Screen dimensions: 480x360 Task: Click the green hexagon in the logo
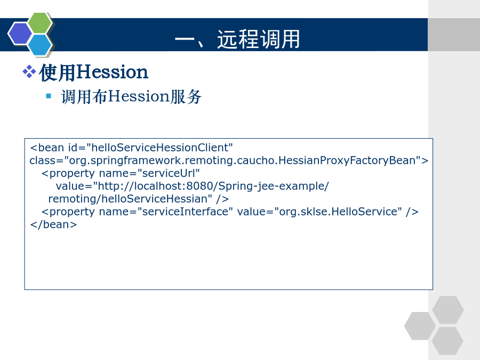(x=39, y=22)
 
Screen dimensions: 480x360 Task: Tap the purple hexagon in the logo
(x=20, y=34)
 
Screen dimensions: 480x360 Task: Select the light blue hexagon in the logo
(x=40, y=45)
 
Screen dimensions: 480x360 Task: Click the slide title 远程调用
(x=258, y=39)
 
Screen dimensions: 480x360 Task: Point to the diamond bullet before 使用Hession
(x=29, y=71)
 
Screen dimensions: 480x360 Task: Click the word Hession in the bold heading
(x=112, y=72)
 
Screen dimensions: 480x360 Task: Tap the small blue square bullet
(x=49, y=96)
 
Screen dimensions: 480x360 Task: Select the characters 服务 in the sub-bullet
(x=186, y=97)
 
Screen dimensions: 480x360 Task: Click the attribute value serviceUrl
(x=169, y=173)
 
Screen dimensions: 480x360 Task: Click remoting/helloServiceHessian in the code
(x=128, y=199)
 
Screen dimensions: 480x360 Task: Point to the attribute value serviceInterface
(x=185, y=212)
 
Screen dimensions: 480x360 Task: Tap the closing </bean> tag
(x=53, y=225)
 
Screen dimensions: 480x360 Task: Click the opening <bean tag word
(x=47, y=148)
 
